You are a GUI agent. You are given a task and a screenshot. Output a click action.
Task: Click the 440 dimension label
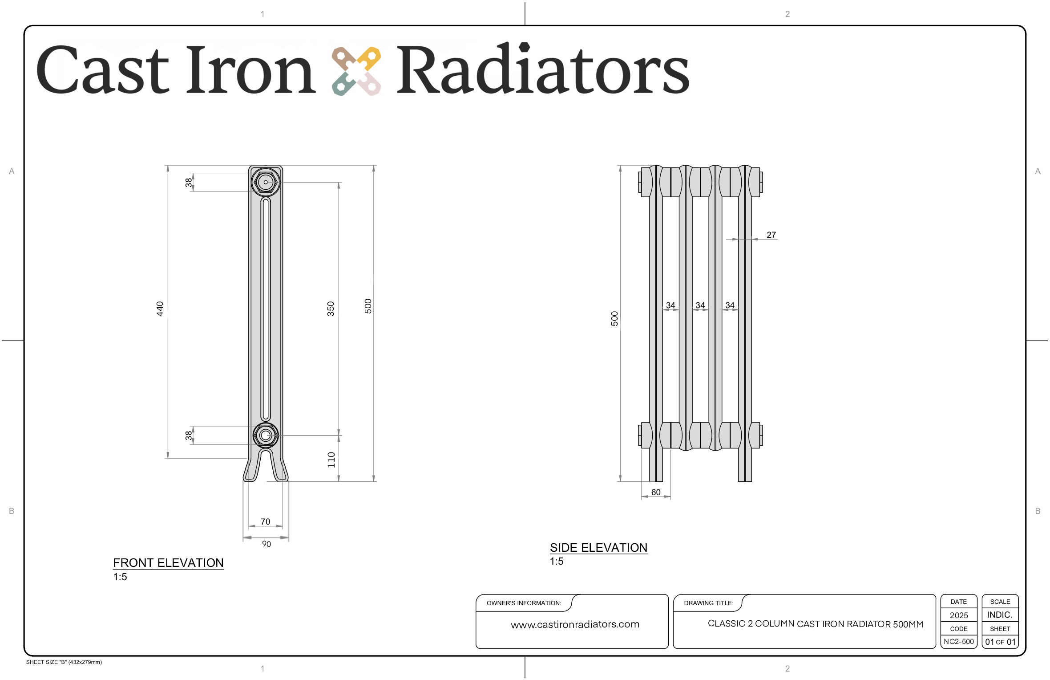tap(160, 309)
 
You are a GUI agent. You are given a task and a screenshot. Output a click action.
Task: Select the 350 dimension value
tap(331, 309)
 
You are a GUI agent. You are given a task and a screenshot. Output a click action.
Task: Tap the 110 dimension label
tap(331, 460)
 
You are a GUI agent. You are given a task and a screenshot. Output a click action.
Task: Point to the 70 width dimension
tap(265, 521)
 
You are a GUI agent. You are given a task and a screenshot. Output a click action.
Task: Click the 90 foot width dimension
tap(267, 544)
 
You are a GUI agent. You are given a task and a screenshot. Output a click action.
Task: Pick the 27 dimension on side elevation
tap(771, 235)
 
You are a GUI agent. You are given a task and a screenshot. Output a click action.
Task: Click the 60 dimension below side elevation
tap(656, 492)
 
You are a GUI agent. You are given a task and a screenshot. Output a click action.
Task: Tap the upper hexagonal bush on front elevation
tap(266, 182)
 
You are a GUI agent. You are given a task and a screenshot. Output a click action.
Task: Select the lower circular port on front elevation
tap(266, 435)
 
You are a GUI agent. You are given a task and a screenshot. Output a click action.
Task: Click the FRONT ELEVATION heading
tap(168, 563)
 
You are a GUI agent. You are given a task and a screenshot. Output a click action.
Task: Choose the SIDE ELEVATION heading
tap(598, 548)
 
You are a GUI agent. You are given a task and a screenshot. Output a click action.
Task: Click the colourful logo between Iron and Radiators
tap(356, 71)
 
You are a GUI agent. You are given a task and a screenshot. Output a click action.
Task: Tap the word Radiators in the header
tap(543, 69)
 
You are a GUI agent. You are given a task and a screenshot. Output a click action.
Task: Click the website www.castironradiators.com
tap(575, 624)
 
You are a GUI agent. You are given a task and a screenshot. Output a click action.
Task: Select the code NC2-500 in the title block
tap(959, 642)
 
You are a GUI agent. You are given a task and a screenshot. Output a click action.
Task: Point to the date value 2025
tap(959, 615)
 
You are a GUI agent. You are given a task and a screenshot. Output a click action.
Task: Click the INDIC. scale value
tap(1000, 615)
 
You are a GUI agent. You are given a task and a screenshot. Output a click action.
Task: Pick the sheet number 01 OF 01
tap(1000, 642)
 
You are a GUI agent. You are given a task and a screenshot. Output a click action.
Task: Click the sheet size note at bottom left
tap(64, 662)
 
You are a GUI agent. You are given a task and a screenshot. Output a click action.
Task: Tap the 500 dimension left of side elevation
tap(614, 319)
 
